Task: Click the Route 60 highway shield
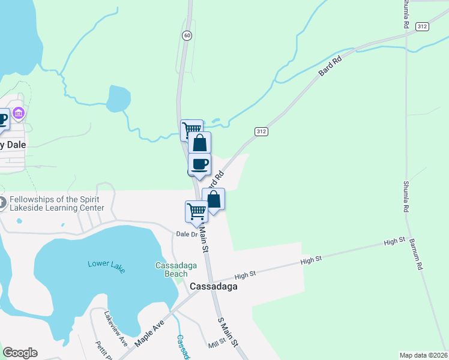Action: click(x=187, y=36)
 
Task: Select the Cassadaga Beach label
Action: click(x=172, y=269)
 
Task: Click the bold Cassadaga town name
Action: click(x=213, y=286)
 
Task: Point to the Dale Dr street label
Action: click(x=186, y=235)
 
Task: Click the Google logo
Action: click(x=20, y=353)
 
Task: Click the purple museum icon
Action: click(x=19, y=113)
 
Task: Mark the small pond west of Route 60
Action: click(x=118, y=97)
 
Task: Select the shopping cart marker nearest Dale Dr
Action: click(x=196, y=211)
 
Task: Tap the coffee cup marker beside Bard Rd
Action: click(x=199, y=164)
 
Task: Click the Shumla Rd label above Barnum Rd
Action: click(x=406, y=196)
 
